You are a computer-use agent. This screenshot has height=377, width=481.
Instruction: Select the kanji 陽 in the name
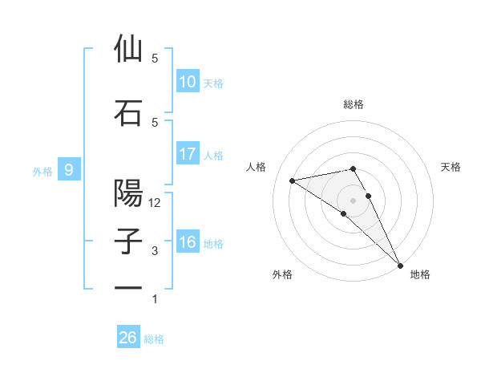tap(128, 193)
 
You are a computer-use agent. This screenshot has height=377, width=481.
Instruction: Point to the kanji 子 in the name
tap(128, 242)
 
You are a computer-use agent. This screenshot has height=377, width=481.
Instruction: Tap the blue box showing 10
tap(188, 82)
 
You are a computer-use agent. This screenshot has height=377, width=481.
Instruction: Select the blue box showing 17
tap(188, 154)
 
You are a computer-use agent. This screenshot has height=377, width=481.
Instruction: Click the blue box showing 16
tap(188, 242)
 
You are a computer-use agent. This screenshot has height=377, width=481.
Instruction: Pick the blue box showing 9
tap(69, 169)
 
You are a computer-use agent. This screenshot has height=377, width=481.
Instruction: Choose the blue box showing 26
tap(128, 338)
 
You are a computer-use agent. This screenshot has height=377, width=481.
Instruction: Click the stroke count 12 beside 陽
tap(155, 203)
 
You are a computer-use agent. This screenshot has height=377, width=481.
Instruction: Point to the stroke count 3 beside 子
tap(155, 252)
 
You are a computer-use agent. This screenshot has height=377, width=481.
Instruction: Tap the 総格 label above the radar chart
tap(353, 104)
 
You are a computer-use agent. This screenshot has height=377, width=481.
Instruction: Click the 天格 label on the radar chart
tap(451, 167)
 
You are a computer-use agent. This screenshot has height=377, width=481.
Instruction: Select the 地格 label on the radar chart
tap(420, 275)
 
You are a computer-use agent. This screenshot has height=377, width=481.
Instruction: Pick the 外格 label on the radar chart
tap(282, 275)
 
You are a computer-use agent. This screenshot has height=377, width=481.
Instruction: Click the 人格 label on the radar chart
tap(257, 167)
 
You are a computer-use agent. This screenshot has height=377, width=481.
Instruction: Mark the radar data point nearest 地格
tap(399, 265)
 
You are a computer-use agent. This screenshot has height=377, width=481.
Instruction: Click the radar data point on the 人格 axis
tap(293, 180)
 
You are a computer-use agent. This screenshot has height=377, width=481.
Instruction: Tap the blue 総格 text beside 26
tap(154, 339)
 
